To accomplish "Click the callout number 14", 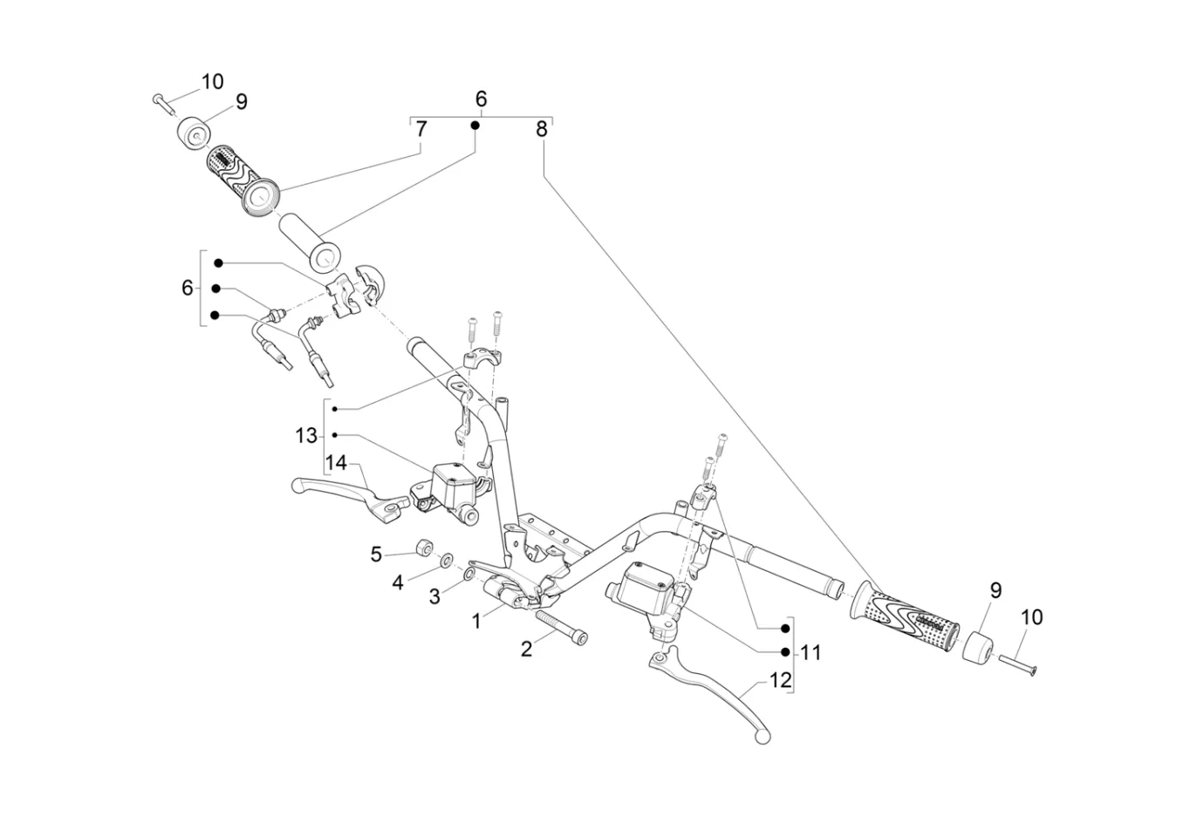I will (337, 462).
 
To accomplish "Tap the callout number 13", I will (305, 435).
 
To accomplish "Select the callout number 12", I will (781, 680).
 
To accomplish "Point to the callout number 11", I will (811, 652).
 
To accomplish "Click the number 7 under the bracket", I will (421, 130).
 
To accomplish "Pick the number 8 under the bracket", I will (542, 130).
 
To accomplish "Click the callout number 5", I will (376, 555).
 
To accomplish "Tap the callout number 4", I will (398, 582).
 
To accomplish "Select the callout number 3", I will (434, 597).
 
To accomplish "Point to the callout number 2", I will (526, 650).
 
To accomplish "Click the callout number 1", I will (476, 622).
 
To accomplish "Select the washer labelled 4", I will (446, 559).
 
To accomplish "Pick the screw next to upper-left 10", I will (162, 103).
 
